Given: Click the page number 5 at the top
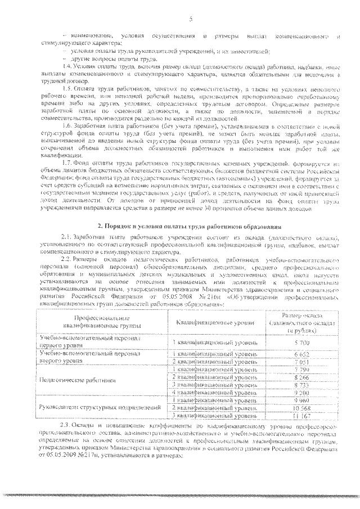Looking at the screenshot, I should [191, 20].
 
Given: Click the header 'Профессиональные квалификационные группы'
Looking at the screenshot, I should [93, 325].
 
